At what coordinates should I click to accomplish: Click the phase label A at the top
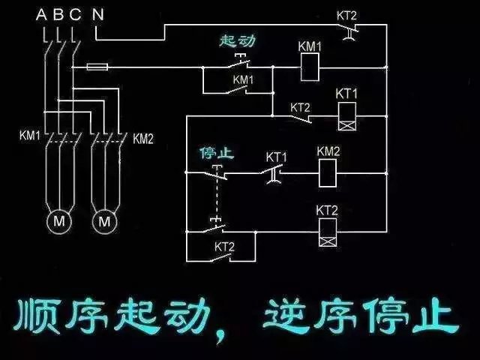(x=42, y=13)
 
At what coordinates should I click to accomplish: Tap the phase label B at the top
(x=58, y=13)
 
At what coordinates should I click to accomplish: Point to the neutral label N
(x=97, y=13)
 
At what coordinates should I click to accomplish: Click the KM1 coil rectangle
(x=310, y=68)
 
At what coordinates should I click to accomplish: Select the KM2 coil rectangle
(x=328, y=174)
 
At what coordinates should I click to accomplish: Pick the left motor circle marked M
(x=57, y=222)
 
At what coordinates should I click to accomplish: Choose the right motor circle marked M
(x=105, y=222)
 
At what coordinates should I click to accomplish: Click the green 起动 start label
(x=238, y=41)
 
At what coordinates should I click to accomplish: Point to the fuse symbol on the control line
(x=97, y=67)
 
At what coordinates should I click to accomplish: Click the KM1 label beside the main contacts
(x=29, y=136)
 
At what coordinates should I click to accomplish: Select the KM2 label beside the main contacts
(x=143, y=138)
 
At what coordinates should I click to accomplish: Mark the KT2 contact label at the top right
(x=346, y=15)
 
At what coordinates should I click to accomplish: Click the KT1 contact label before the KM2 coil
(x=277, y=157)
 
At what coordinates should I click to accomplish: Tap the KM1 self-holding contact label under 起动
(x=242, y=79)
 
